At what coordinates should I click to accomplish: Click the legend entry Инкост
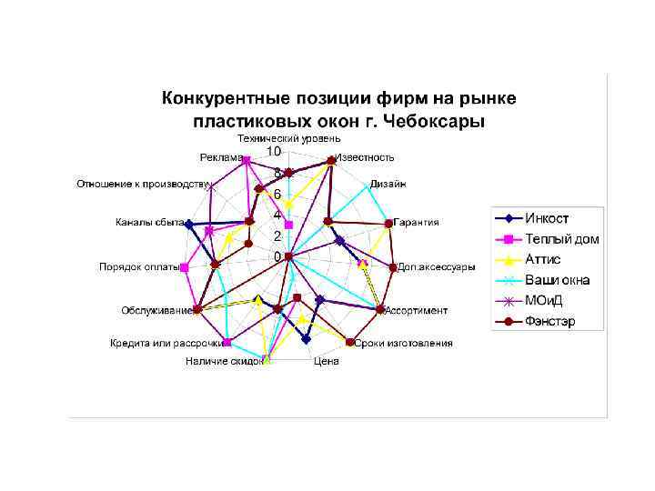(x=546, y=219)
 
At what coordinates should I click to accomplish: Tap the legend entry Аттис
(x=542, y=259)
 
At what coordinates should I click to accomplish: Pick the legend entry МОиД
(x=544, y=301)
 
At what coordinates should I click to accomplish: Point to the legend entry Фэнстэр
(x=549, y=321)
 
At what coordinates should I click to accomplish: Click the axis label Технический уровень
(x=289, y=138)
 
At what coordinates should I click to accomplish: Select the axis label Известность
(x=365, y=157)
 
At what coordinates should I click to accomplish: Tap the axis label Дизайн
(x=388, y=184)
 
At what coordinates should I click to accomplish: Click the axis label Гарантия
(x=418, y=222)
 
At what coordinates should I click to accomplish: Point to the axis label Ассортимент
(x=417, y=310)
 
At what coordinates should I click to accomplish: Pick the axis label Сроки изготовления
(x=403, y=343)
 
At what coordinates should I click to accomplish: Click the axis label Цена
(x=326, y=361)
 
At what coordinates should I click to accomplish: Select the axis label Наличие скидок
(x=225, y=361)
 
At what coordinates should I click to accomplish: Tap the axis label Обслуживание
(x=157, y=310)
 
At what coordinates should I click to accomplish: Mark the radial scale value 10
(x=273, y=150)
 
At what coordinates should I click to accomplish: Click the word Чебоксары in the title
(x=438, y=120)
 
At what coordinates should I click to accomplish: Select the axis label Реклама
(x=221, y=157)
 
